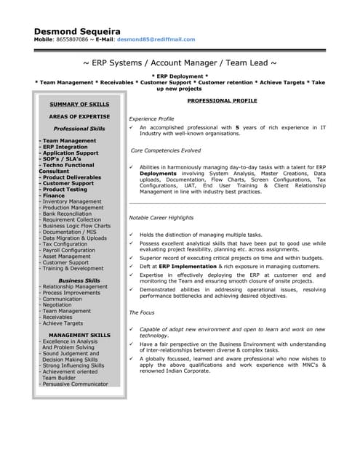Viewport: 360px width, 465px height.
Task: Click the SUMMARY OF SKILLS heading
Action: tap(79, 105)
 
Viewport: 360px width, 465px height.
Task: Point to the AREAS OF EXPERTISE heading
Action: tap(79, 116)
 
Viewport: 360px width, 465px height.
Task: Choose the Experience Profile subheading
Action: tap(151, 118)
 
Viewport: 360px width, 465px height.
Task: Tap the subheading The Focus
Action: tap(143, 312)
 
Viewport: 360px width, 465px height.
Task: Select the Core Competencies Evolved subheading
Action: tap(166, 150)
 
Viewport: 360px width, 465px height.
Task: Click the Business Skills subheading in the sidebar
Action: tap(79, 280)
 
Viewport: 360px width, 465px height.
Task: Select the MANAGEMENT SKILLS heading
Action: tap(79, 335)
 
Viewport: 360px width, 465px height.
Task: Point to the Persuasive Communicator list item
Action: tap(75, 384)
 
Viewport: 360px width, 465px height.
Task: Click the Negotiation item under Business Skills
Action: tap(62, 304)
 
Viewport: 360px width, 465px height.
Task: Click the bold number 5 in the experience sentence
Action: tap(236, 128)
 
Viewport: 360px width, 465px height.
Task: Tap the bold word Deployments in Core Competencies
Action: tap(158, 174)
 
